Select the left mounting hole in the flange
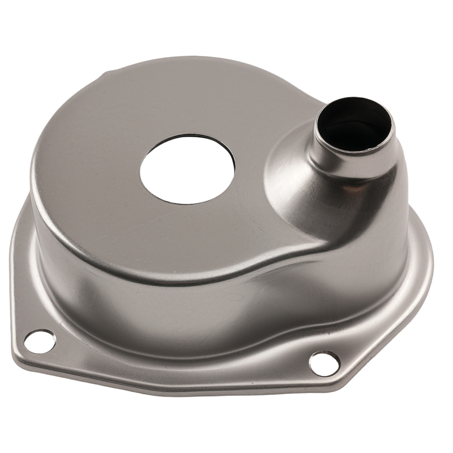(x=39, y=341)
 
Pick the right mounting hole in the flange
(x=324, y=363)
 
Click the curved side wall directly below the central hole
(x=181, y=308)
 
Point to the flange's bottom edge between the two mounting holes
(x=181, y=385)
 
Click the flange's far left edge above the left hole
(x=14, y=254)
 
